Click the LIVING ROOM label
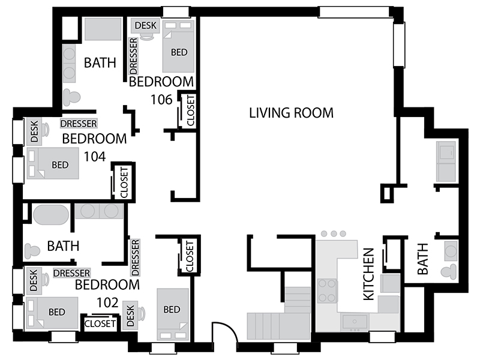[x=291, y=113]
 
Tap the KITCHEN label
[x=368, y=274]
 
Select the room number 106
[x=161, y=100]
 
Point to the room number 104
[x=95, y=157]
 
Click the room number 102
[x=107, y=302]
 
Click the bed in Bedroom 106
[x=178, y=46]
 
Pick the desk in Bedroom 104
[x=34, y=131]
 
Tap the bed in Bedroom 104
[x=53, y=163]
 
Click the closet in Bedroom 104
[x=124, y=182]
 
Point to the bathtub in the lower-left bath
[x=51, y=215]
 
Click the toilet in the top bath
[x=71, y=98]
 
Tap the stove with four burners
[x=327, y=290]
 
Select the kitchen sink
[x=355, y=322]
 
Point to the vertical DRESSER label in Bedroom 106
[x=133, y=56]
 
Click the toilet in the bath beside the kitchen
[x=449, y=272]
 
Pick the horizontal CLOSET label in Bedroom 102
[x=100, y=323]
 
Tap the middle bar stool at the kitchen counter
[x=334, y=234]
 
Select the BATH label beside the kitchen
[x=422, y=259]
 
